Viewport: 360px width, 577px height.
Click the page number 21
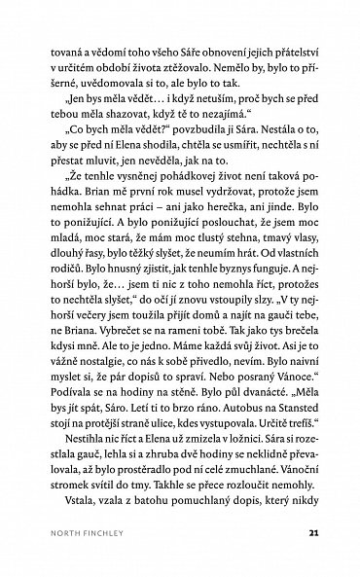311,532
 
